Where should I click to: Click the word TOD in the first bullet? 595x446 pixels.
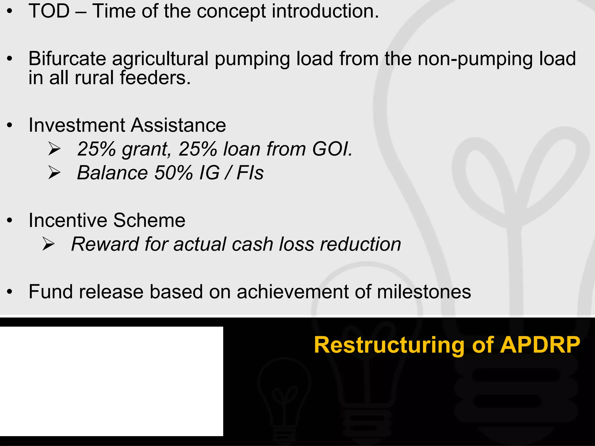click(x=49, y=11)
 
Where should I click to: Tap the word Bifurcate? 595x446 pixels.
click(x=67, y=59)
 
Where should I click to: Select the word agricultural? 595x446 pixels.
click(x=160, y=59)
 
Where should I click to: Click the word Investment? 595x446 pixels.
click(x=77, y=125)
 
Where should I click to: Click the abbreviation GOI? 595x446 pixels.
click(x=332, y=149)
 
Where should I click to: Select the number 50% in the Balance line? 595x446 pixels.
click(x=173, y=173)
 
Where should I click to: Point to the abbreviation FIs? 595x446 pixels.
click(x=250, y=173)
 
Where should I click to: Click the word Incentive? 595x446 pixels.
click(x=68, y=220)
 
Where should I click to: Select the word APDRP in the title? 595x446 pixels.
click(x=540, y=345)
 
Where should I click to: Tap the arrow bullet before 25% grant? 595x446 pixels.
click(x=54, y=149)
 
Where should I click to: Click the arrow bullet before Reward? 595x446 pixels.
click(x=48, y=244)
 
